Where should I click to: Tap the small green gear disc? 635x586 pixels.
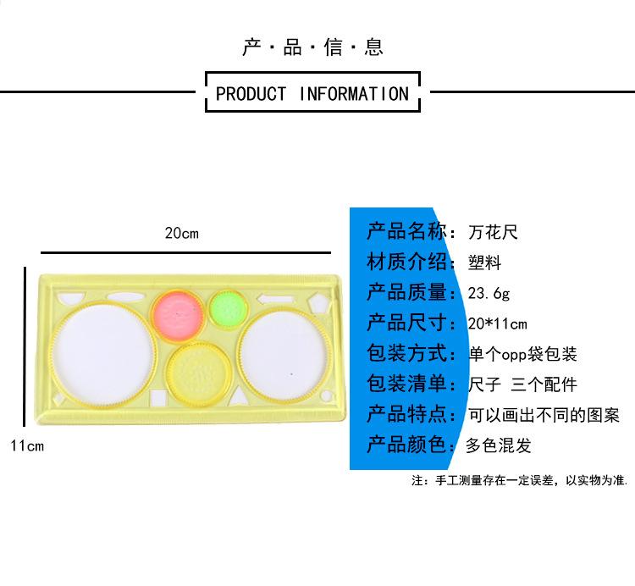pyautogui.click(x=226, y=307)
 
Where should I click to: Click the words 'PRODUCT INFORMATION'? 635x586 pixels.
pyautogui.click(x=312, y=93)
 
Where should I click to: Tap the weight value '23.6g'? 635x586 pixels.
pyautogui.click(x=489, y=293)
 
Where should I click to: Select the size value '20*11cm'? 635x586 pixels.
pyautogui.click(x=497, y=323)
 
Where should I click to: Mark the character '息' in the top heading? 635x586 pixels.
pyautogui.click(x=374, y=47)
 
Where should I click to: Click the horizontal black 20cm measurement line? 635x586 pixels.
pyautogui.click(x=185, y=252)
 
